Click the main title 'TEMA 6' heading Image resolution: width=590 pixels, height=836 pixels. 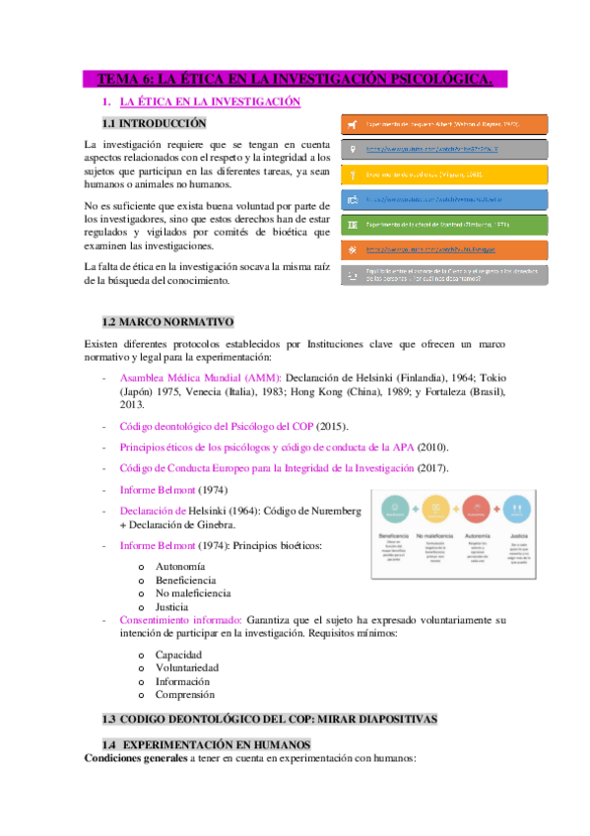click(295, 79)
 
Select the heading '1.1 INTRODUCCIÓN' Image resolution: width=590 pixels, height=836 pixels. click(155, 123)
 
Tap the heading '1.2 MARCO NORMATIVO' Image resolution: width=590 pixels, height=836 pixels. click(167, 322)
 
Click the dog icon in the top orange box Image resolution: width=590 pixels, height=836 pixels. click(354, 125)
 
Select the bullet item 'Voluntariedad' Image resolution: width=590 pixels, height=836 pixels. click(187, 667)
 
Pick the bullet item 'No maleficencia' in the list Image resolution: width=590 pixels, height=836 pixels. click(193, 593)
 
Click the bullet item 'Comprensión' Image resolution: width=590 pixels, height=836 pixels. click(186, 695)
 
